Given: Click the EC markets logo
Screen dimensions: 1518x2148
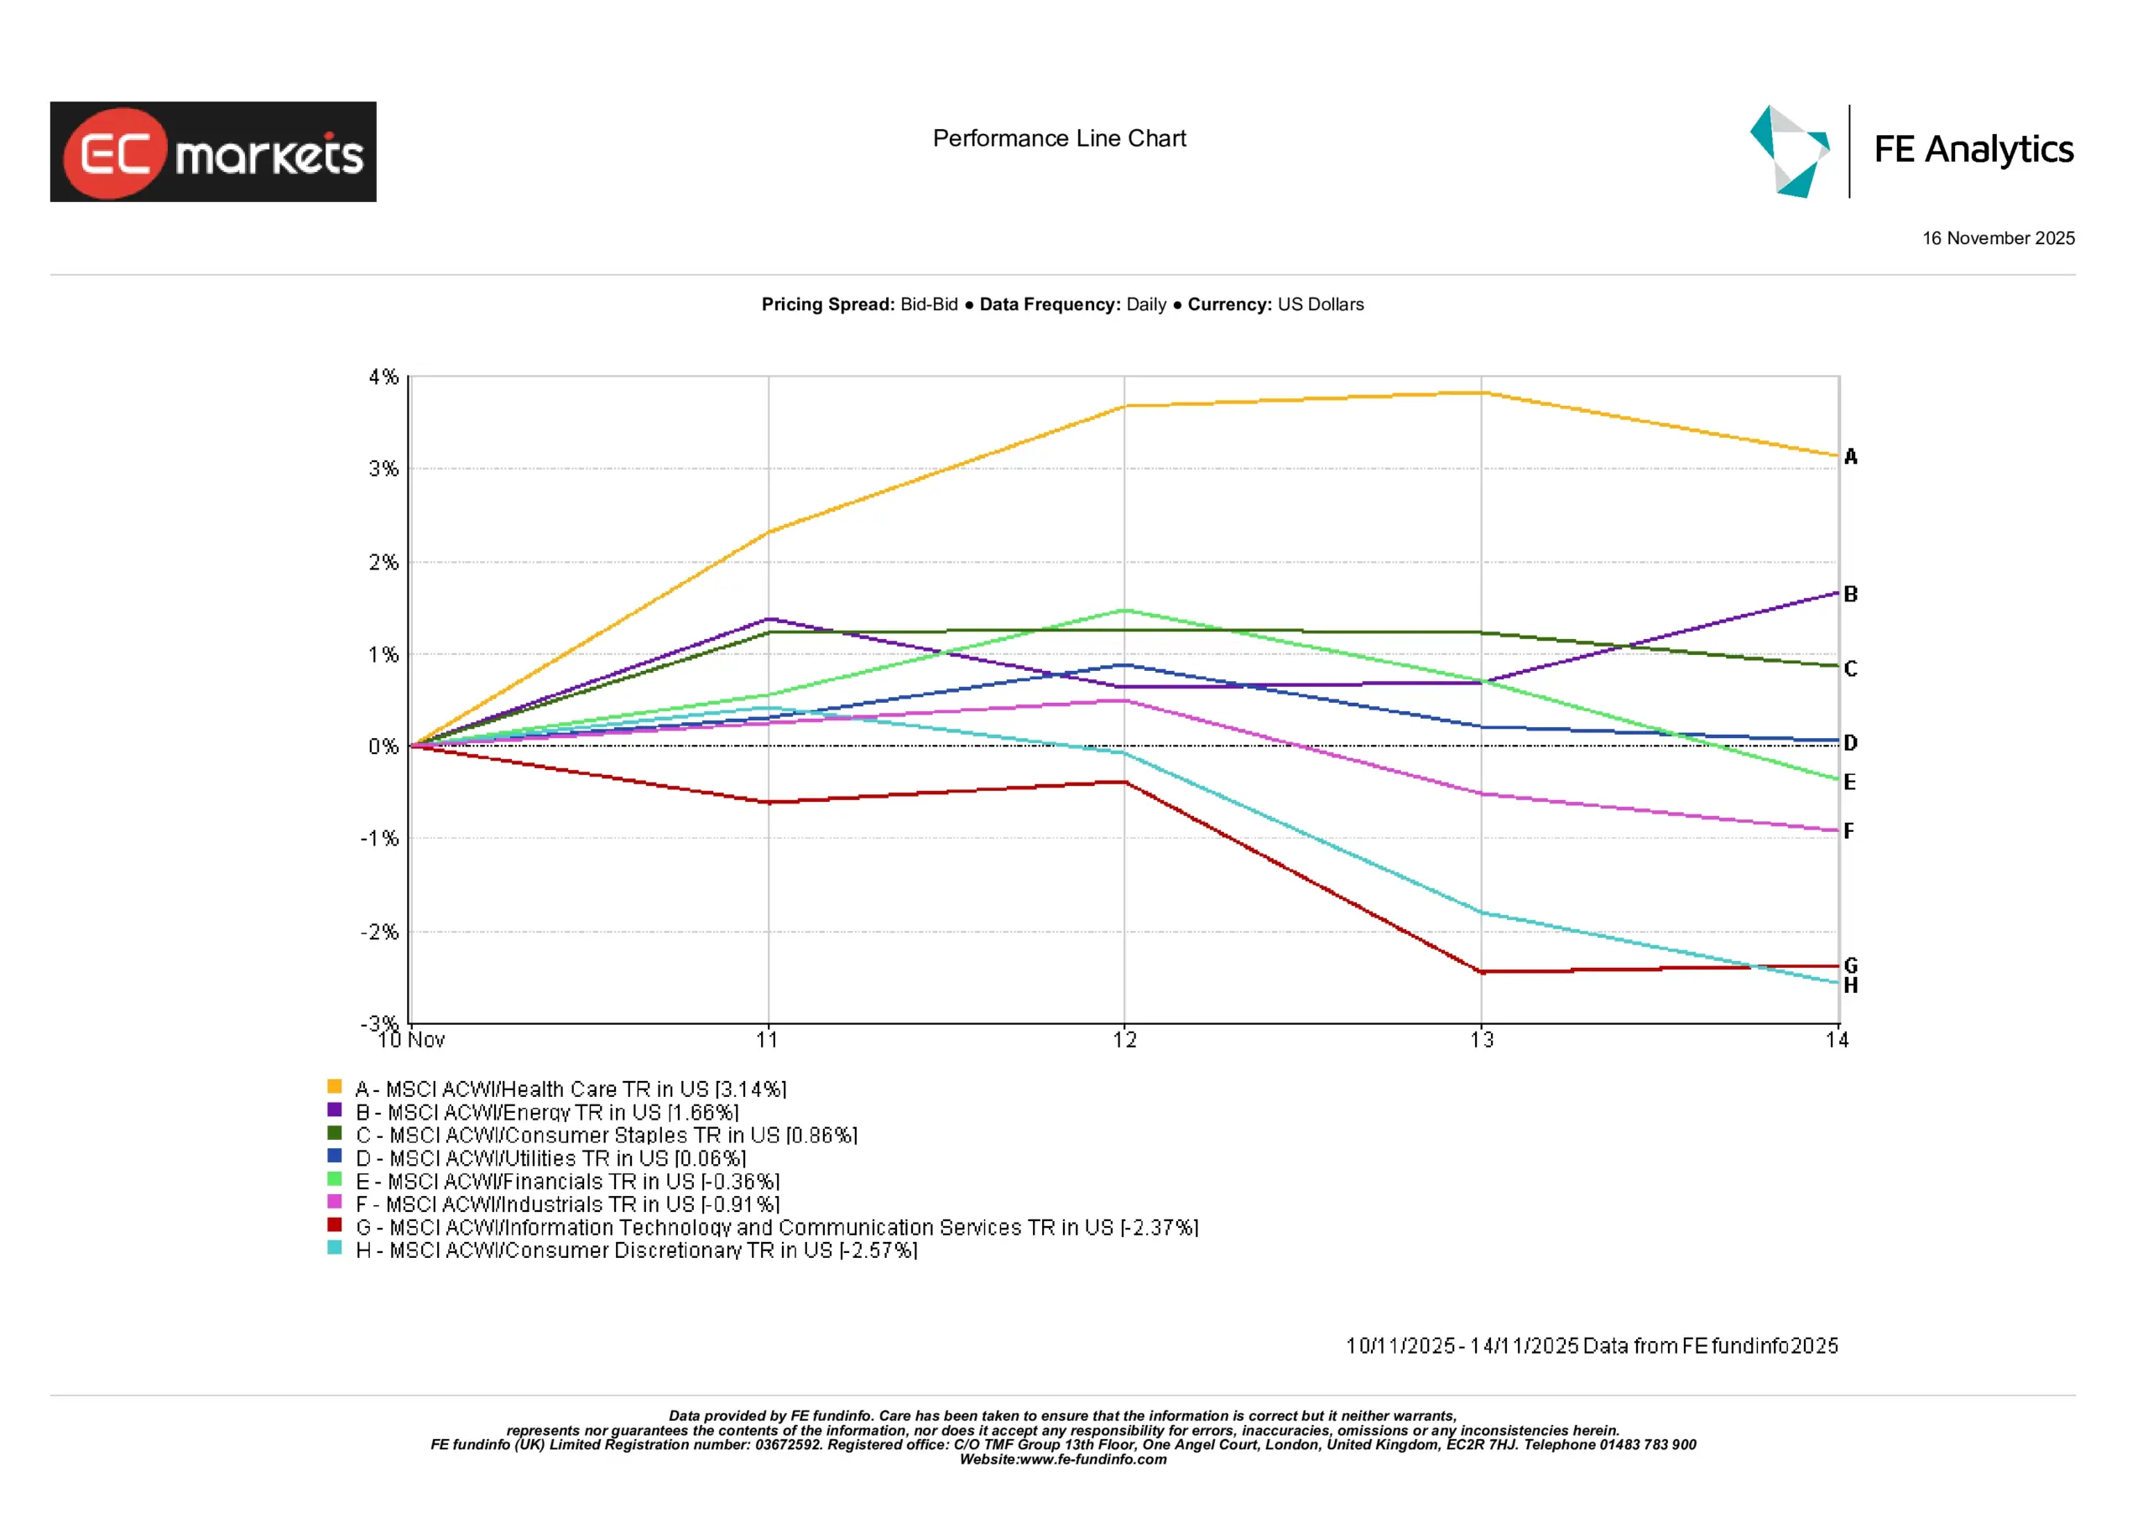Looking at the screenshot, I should tap(213, 152).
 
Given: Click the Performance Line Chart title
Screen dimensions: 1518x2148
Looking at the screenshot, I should tap(1059, 138).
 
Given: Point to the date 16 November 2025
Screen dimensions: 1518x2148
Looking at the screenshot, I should tap(1999, 238).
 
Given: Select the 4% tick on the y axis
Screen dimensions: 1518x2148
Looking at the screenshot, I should tap(383, 377).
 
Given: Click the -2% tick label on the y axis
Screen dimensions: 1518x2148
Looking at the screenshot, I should tap(381, 932).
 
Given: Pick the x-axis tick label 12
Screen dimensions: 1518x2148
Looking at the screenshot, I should tap(1124, 1040).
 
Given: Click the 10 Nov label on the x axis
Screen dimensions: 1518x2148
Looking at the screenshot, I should tap(412, 1040).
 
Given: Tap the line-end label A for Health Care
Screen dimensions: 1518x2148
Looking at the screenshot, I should tap(1850, 457).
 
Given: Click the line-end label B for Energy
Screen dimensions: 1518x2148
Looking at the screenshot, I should tap(1850, 594).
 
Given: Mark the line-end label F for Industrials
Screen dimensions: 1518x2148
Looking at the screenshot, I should tap(1849, 830).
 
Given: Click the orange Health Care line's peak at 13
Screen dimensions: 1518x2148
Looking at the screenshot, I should tap(1482, 392).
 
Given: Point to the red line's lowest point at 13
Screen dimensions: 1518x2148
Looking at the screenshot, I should tap(1482, 972).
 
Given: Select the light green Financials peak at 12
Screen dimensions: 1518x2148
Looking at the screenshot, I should tap(1124, 611).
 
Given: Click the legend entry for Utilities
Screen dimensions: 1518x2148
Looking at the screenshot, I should tap(550, 1158).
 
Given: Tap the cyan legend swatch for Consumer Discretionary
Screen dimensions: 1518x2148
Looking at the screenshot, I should tap(334, 1248).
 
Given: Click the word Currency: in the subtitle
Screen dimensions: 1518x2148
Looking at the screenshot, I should tap(1229, 305).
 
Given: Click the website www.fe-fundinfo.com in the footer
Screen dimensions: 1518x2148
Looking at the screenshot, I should tap(1092, 1459).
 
